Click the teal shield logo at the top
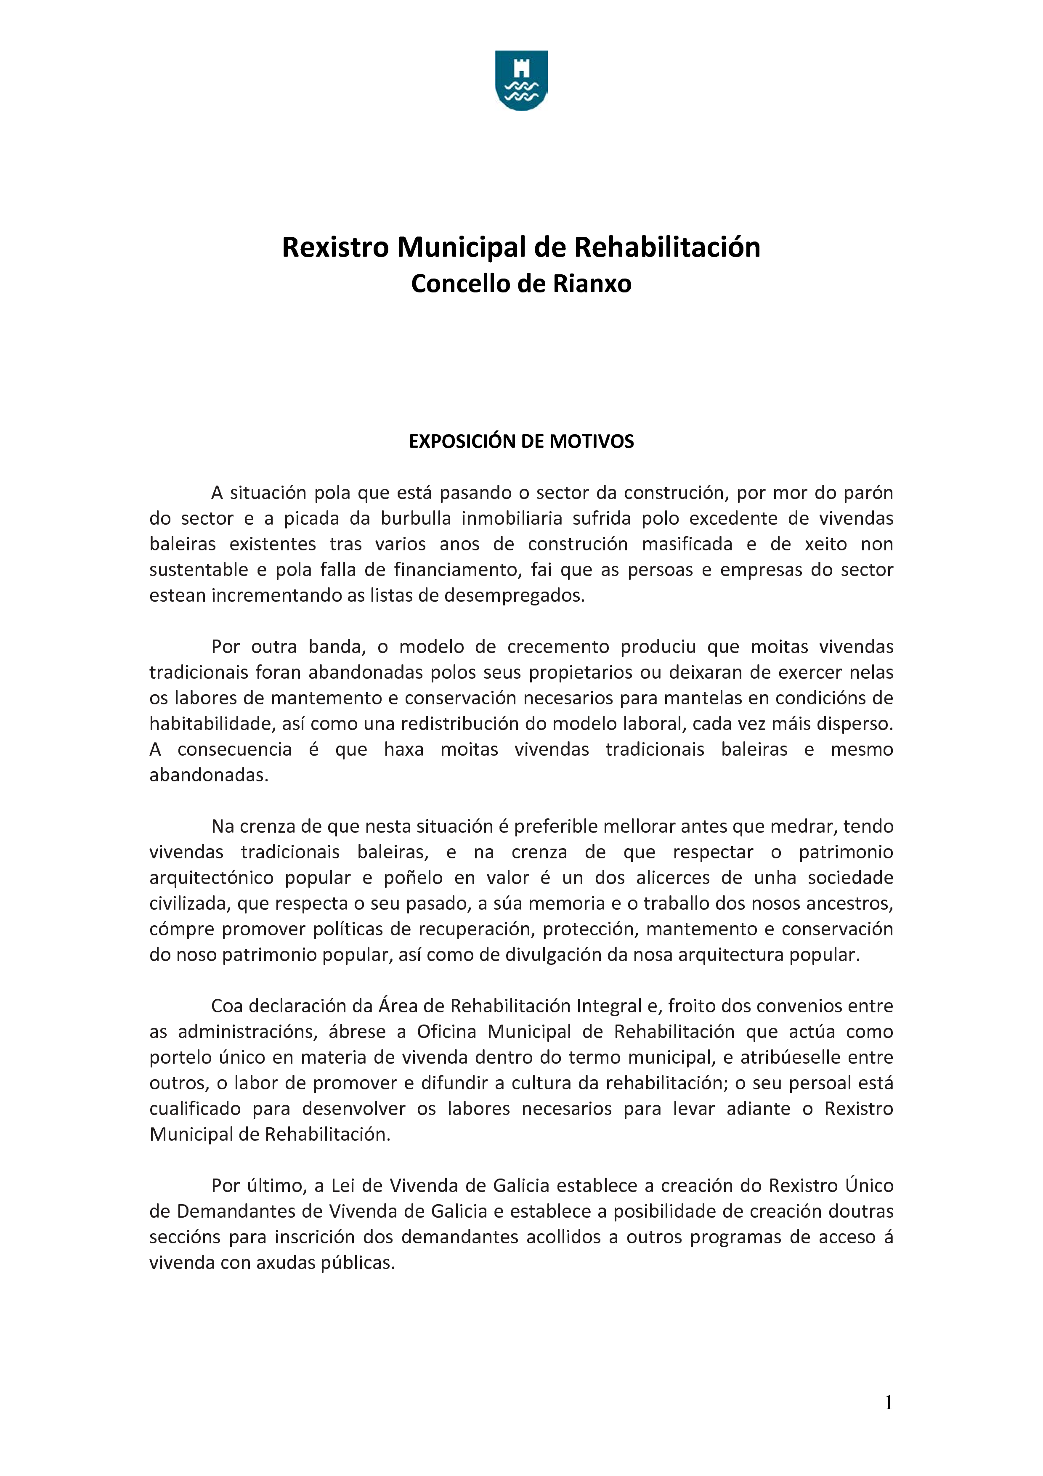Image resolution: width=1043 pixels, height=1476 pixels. point(521,80)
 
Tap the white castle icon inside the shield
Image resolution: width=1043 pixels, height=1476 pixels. point(521,67)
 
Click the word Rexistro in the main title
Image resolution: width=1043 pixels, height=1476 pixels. point(335,247)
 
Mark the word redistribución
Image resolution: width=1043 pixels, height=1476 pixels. point(460,724)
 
